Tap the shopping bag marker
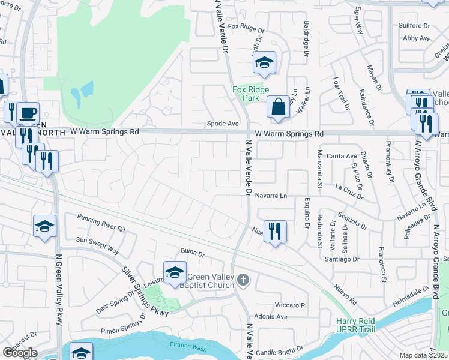coord(279,108)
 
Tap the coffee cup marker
coord(28,112)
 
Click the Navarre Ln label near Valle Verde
coord(271,196)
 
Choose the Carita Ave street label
coord(342,156)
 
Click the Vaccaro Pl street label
coord(291,305)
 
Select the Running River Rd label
coord(101,223)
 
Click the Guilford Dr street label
coord(414,26)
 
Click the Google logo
coord(20,353)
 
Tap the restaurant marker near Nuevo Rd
coord(275,231)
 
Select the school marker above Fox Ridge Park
coord(264,63)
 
